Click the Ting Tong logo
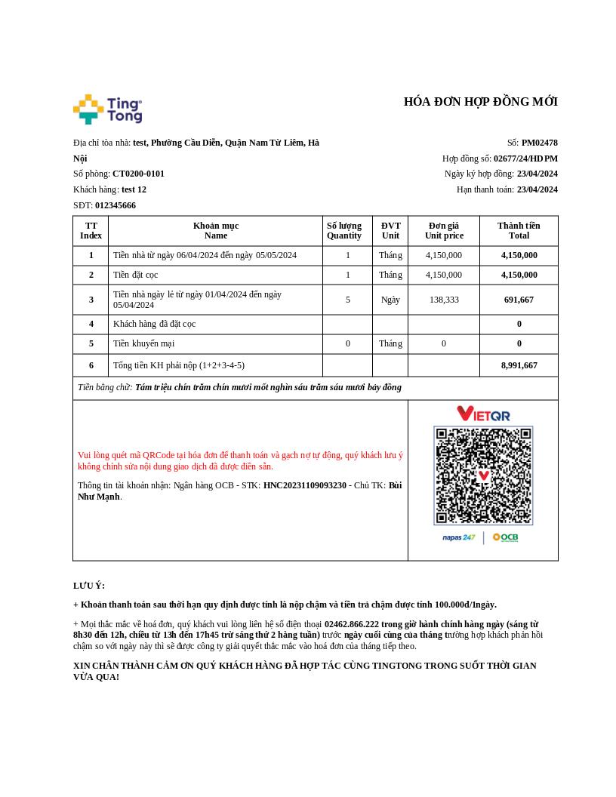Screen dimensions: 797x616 (x=107, y=109)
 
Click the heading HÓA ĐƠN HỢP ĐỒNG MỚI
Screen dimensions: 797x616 (x=480, y=102)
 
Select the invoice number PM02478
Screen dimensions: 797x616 (x=539, y=143)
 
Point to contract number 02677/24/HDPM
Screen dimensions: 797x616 (x=525, y=158)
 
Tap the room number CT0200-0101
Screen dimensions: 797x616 (x=138, y=174)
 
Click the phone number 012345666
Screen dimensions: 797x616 (x=115, y=205)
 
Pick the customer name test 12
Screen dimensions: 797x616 (x=134, y=189)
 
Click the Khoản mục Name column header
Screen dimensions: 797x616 (x=215, y=230)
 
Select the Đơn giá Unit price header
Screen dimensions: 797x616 (x=443, y=230)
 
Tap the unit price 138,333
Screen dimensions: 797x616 (x=443, y=300)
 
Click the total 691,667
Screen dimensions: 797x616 (x=519, y=300)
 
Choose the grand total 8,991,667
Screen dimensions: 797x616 (x=519, y=365)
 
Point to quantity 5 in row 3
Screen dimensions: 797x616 (x=347, y=300)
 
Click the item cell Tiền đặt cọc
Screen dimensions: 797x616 (x=136, y=275)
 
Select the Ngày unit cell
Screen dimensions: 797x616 (x=390, y=300)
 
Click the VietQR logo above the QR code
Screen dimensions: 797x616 (x=483, y=414)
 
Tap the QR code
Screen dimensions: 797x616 (x=483, y=475)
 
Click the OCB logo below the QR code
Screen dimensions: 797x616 (x=505, y=537)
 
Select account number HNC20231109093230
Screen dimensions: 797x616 (x=304, y=485)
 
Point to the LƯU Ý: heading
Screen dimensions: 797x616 (x=89, y=586)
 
